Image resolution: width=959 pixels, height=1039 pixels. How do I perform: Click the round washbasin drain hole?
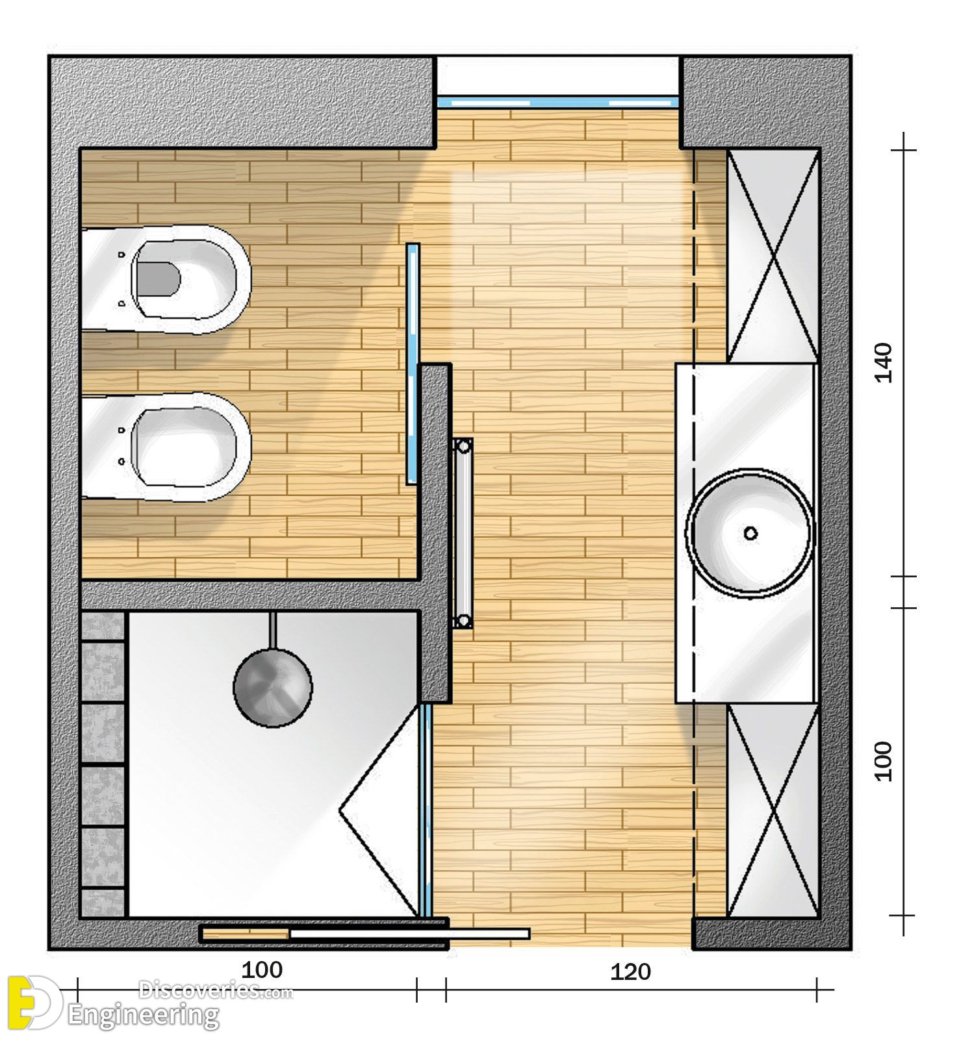tap(750, 533)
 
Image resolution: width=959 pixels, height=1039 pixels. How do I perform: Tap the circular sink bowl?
tap(750, 532)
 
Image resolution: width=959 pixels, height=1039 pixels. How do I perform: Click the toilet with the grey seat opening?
tap(166, 279)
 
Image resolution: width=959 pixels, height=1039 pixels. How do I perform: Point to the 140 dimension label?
tap(884, 363)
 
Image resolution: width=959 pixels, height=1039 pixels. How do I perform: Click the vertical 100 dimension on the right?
tap(884, 761)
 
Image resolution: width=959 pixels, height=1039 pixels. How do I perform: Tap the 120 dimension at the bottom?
tap(630, 972)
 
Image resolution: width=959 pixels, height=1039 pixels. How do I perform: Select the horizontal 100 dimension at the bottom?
tap(262, 970)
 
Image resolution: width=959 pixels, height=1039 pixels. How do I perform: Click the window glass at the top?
tap(558, 102)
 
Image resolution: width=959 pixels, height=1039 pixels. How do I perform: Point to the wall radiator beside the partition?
tap(463, 533)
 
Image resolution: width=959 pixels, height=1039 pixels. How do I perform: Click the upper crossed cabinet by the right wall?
tap(773, 255)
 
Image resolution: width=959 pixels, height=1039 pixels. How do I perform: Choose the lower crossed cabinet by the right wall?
tap(773, 810)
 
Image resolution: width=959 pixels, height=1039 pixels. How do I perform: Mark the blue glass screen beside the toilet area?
tap(413, 364)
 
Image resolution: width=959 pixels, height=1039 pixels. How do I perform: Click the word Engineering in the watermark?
tap(144, 1016)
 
